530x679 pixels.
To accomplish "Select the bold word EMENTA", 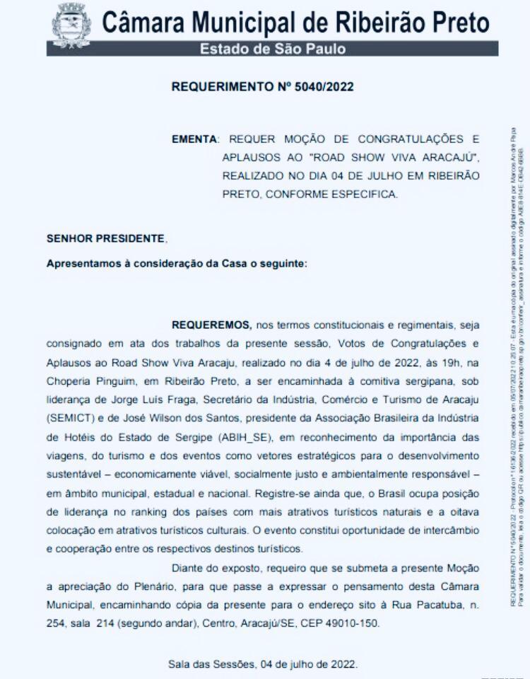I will point(195,138).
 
